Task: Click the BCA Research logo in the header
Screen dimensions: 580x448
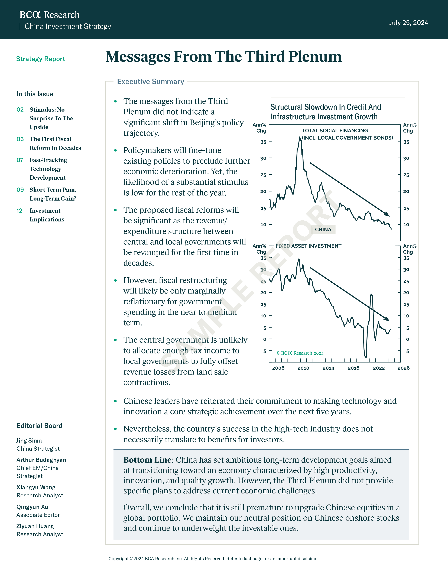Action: tap(50, 15)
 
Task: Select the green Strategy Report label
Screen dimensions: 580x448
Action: tap(41, 59)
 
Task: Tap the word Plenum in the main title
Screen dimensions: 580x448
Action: tap(315, 57)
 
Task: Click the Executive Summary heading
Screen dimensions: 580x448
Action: tap(151, 82)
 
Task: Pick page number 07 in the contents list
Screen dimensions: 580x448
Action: tap(20, 160)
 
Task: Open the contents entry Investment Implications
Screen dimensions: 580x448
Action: tap(47, 215)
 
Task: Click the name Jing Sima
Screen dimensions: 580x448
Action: tap(29, 441)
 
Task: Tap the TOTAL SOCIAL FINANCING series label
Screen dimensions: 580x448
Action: tap(335, 131)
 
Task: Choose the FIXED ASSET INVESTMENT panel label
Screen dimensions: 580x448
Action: tap(308, 246)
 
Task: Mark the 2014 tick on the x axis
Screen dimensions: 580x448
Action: tap(328, 368)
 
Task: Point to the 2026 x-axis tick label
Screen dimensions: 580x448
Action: tap(403, 368)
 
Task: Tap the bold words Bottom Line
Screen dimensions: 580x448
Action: tap(147, 460)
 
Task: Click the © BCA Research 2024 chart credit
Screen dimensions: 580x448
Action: tap(300, 353)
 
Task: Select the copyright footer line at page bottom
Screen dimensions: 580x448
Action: tap(214, 559)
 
